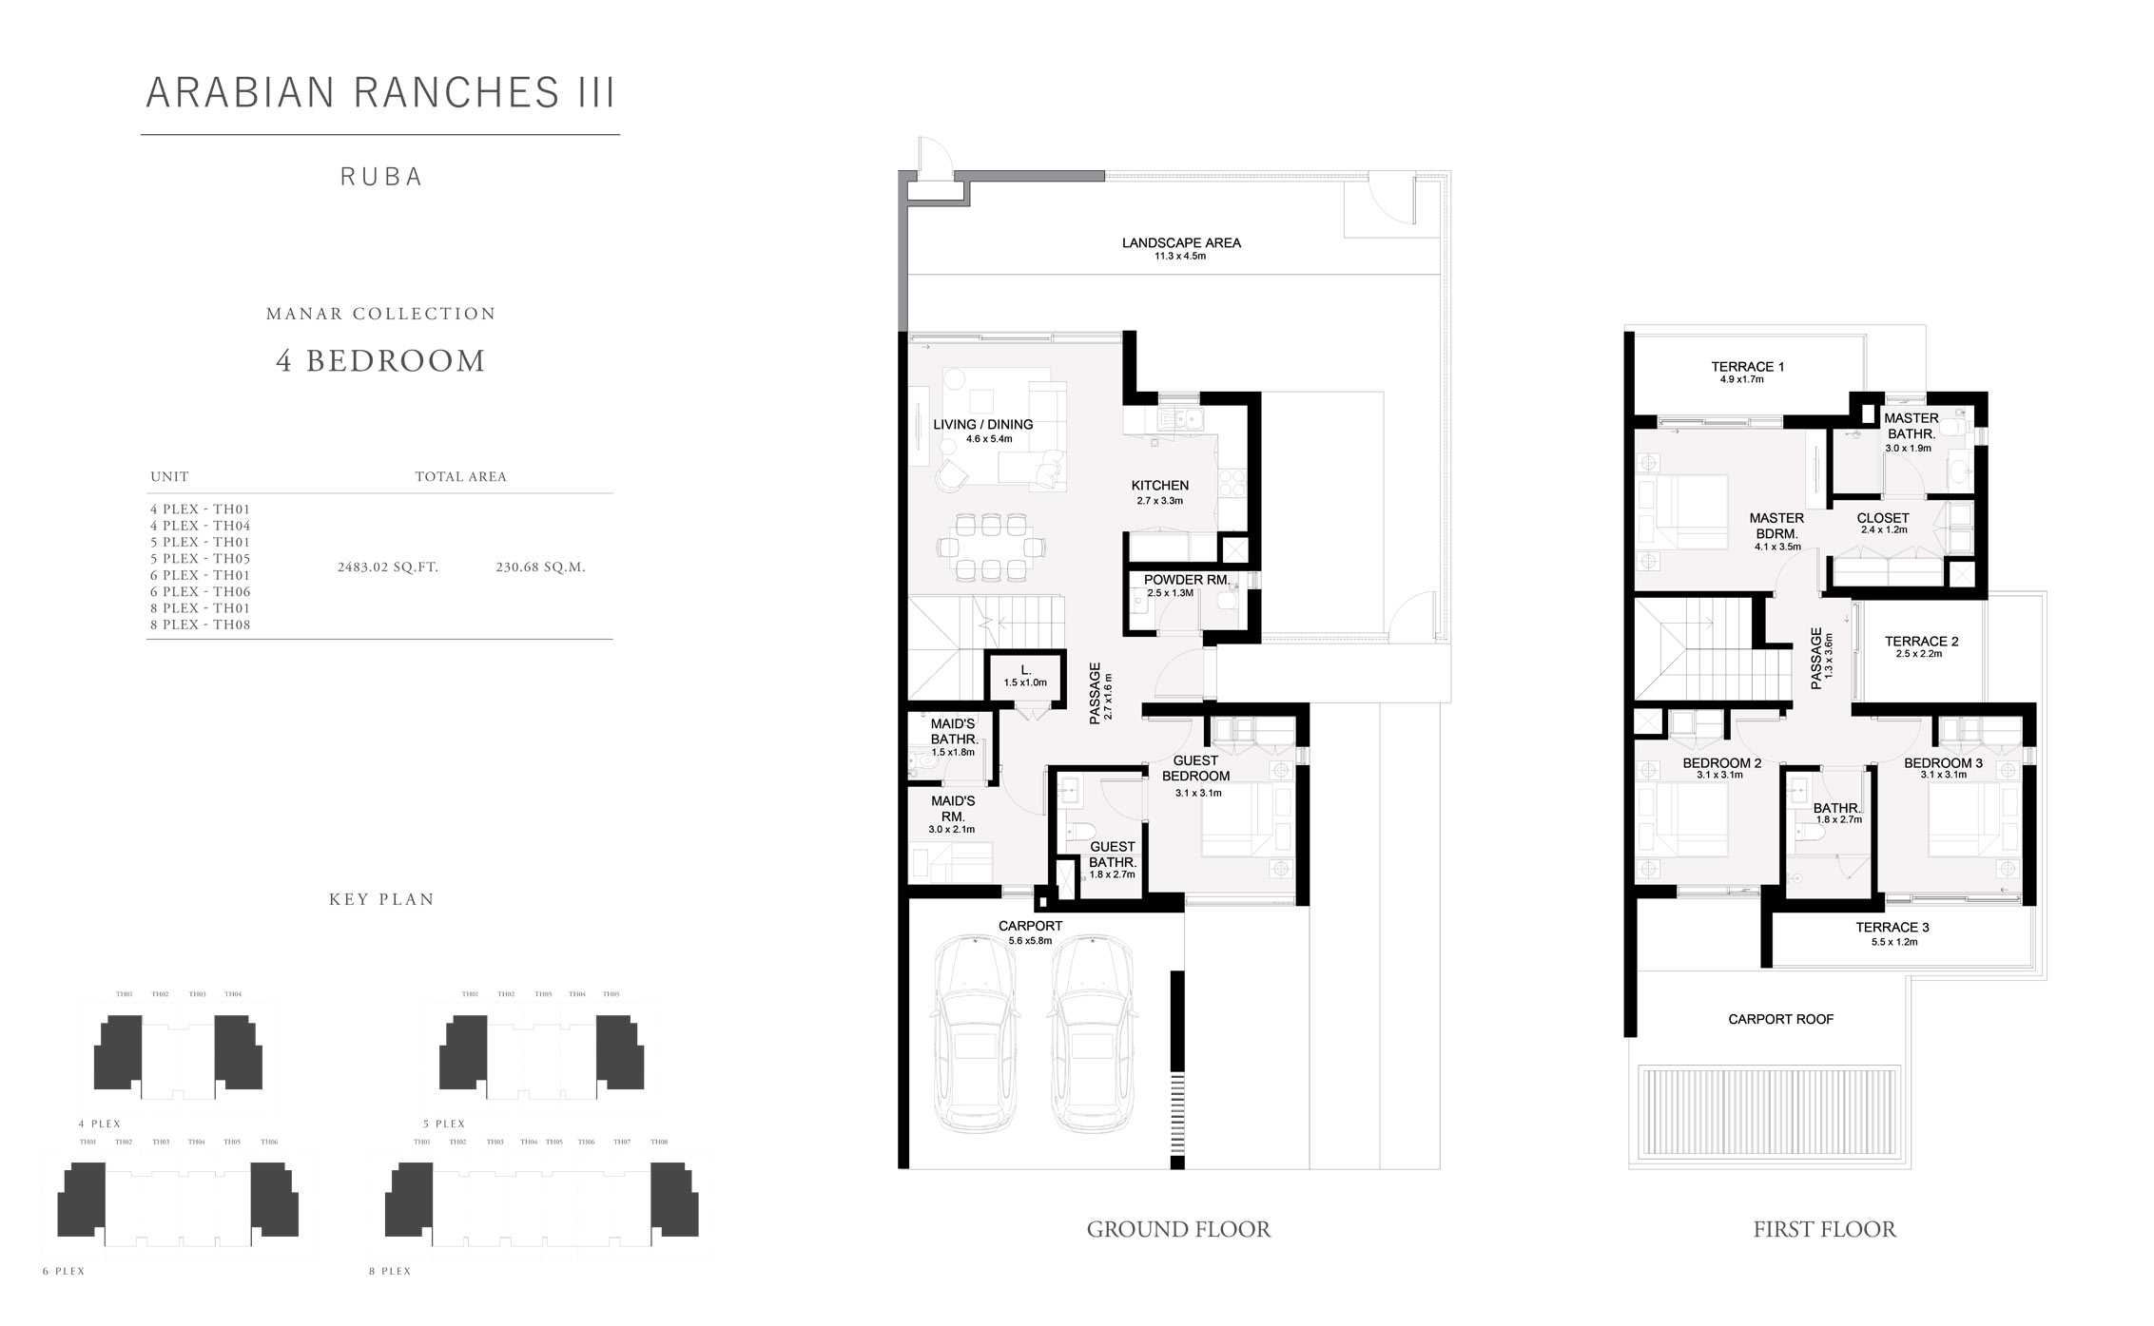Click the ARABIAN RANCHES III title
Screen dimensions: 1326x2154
click(x=380, y=93)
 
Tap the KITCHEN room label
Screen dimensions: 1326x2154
click(x=1159, y=486)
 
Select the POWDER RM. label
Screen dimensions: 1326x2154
click(x=1186, y=580)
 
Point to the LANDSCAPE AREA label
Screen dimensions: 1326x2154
click(x=1180, y=243)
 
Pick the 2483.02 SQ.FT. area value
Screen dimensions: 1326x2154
click(x=387, y=567)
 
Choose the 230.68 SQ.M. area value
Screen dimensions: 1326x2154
click(x=540, y=567)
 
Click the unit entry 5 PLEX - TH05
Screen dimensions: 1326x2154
click(x=200, y=559)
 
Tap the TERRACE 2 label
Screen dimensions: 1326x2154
click(x=1921, y=642)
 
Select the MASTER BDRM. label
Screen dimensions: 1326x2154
click(x=1776, y=526)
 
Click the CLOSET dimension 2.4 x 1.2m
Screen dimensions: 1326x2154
click(x=1883, y=530)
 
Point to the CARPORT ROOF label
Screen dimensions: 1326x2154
click(x=1780, y=1019)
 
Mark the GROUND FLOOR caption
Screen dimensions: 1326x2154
click(x=1177, y=1230)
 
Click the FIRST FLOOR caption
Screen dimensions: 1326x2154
click(x=1824, y=1230)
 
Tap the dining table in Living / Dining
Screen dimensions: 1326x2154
click(x=991, y=547)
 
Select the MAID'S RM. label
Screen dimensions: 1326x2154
click(x=952, y=808)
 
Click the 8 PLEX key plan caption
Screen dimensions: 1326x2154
click(x=390, y=1271)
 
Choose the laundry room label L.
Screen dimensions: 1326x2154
click(x=1025, y=670)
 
